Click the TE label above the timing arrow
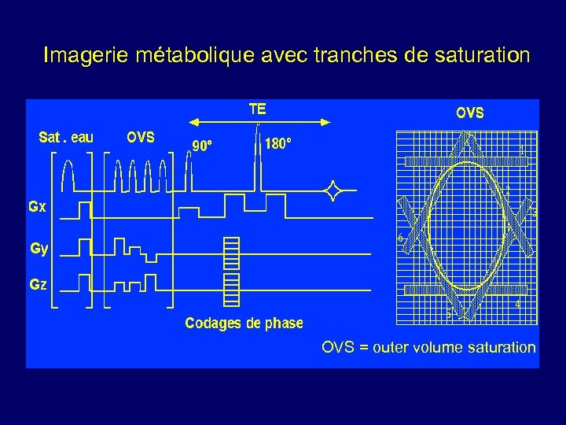[257, 108]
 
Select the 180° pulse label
[278, 144]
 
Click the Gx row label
[37, 208]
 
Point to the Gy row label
[39, 249]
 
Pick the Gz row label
[38, 284]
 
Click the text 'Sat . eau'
[66, 138]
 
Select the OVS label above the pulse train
[141, 137]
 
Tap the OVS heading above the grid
[470, 113]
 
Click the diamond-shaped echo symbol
[334, 190]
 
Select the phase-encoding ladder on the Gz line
[231, 287]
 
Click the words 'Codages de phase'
[244, 323]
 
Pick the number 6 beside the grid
[400, 238]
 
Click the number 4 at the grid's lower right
[517, 303]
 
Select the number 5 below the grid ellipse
[448, 315]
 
